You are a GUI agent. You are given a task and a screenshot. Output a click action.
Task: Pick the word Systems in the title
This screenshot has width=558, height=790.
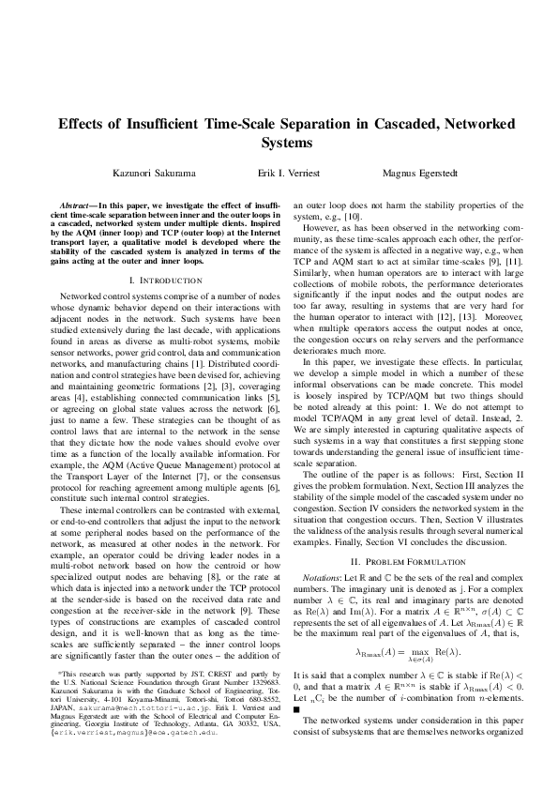coord(279,144)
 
